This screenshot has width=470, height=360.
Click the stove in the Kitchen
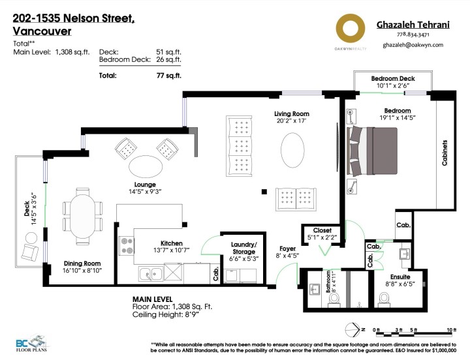tap(127, 247)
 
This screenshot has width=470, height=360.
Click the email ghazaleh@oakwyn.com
tap(413, 45)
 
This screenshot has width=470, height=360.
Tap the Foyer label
tap(288, 248)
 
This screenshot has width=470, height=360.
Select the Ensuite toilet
tap(384, 297)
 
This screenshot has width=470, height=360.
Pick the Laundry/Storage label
tap(244, 247)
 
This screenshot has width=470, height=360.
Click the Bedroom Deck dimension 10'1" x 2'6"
tap(392, 85)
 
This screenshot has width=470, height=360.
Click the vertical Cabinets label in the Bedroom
tap(445, 153)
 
